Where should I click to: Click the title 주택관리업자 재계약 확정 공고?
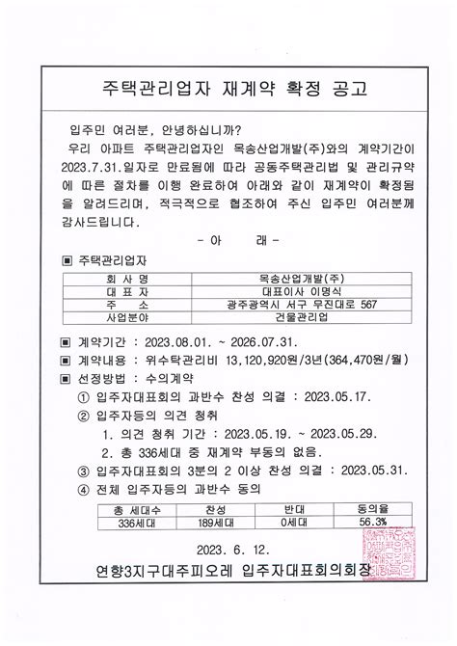pos(228,90)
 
